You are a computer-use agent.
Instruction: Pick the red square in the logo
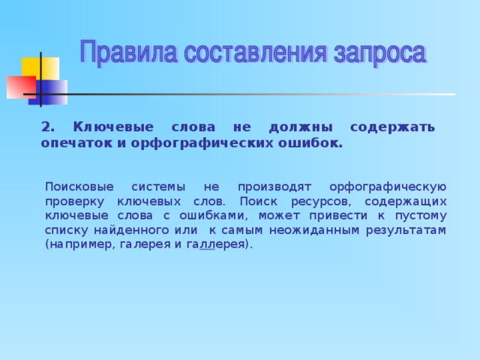(x=20, y=86)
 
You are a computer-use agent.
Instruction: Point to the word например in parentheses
(x=76, y=244)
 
